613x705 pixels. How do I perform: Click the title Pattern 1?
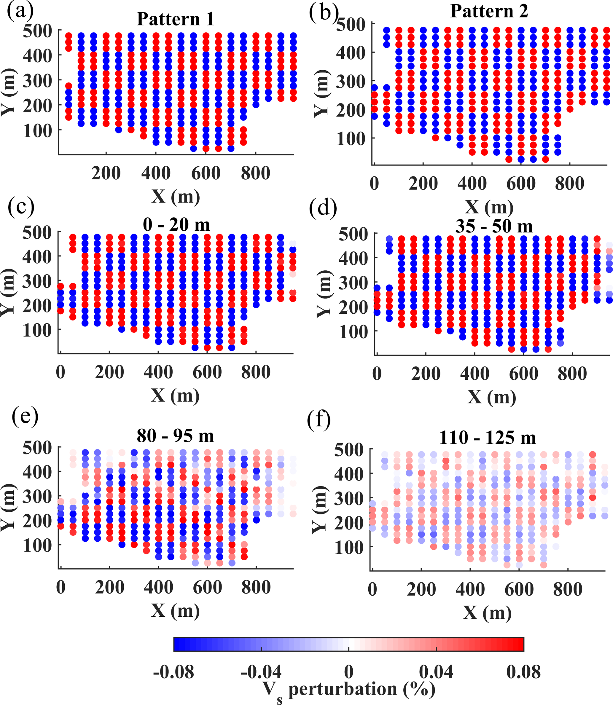coord(176,19)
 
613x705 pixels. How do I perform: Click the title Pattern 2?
coord(489,11)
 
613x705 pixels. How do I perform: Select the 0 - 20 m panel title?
coord(176,225)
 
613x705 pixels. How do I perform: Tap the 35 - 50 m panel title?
coord(494,226)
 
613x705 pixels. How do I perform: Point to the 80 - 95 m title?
coord(175,436)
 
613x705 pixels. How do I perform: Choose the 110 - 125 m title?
coord(488,438)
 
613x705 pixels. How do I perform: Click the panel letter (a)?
coord(20,11)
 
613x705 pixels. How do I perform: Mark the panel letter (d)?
coord(323,208)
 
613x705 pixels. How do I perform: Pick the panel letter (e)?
coord(25,417)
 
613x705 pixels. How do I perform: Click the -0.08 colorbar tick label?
coord(173,672)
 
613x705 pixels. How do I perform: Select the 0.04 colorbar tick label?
coord(436,672)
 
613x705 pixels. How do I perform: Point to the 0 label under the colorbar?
coord(348,672)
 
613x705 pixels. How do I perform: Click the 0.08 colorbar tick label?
coord(523,672)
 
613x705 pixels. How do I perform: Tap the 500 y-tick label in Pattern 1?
coord(38,31)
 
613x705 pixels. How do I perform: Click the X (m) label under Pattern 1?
coord(176,197)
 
